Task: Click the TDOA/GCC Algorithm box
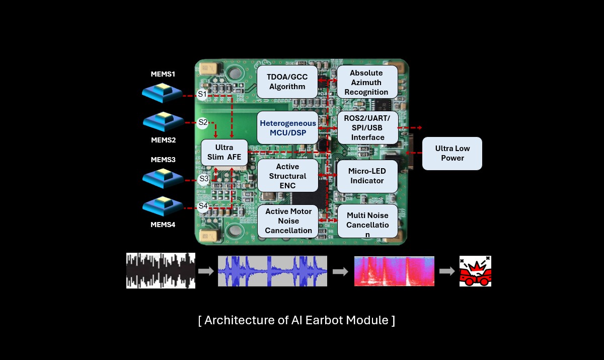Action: point(287,82)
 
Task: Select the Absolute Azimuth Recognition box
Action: point(367,82)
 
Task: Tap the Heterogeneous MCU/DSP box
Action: point(287,127)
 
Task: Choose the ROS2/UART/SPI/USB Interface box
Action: point(368,127)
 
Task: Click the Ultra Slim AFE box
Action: point(224,153)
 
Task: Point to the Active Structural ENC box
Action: point(288,176)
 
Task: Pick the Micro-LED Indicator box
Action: point(367,176)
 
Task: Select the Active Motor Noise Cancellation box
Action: point(288,221)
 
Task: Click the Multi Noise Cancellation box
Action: point(367,221)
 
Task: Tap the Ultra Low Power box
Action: point(452,154)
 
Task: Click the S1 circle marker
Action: point(202,94)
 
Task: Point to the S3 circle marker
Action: point(204,179)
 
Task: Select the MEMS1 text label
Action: point(163,74)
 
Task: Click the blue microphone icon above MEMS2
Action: point(164,121)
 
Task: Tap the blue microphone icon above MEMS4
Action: point(163,206)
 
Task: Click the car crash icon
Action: point(475,271)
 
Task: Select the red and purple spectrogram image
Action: point(394,271)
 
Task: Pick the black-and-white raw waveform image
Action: point(161,270)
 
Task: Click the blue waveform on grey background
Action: point(272,271)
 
